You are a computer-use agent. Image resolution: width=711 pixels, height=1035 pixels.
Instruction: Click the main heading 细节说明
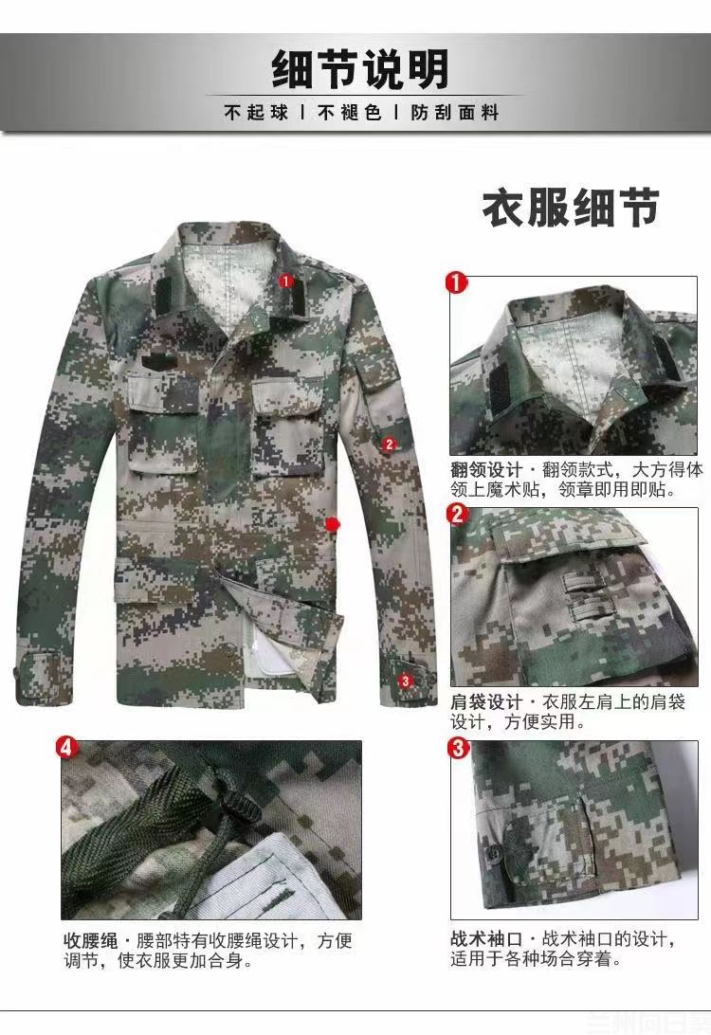(360, 68)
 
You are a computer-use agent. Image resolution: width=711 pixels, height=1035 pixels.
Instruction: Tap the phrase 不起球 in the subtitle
(256, 112)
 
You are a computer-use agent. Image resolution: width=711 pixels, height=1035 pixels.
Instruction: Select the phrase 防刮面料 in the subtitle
(454, 112)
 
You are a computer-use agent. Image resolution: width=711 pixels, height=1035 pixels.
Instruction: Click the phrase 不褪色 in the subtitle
(349, 112)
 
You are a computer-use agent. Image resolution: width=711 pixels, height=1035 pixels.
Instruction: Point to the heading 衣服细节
(571, 208)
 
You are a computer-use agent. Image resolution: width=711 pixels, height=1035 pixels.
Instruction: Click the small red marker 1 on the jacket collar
(286, 281)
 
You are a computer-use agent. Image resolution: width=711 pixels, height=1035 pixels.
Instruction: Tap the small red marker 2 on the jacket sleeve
(389, 445)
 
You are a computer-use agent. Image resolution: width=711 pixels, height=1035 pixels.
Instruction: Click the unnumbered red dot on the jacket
(333, 525)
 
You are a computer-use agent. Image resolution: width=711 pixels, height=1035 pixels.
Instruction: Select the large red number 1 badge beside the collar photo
(457, 282)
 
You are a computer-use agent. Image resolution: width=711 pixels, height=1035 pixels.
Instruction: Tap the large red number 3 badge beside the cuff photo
(458, 748)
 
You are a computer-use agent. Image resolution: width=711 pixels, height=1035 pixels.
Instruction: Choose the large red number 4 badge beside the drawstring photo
(66, 748)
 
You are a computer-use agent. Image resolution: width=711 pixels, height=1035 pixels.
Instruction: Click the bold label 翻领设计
(486, 470)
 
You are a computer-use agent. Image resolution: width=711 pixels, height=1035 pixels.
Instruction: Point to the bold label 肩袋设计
(486, 702)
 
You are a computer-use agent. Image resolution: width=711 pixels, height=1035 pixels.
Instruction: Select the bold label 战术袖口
(486, 938)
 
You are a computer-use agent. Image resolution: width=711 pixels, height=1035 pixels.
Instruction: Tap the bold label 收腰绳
(90, 940)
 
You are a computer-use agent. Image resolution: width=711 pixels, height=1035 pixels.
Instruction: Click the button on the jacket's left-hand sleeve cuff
(17, 673)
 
